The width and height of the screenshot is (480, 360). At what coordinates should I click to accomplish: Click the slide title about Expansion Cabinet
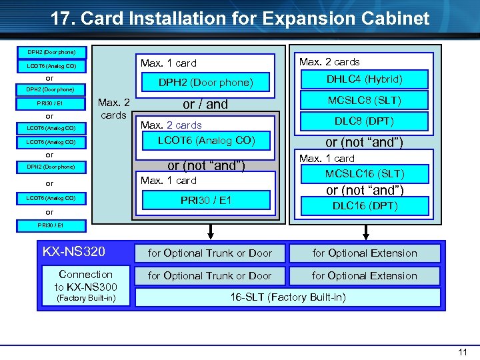(240, 18)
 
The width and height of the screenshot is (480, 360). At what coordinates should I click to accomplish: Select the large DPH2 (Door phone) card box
(205, 83)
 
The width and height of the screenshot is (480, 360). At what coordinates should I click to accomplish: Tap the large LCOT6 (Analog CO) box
(205, 140)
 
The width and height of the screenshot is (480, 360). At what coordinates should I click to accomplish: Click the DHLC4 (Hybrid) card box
(364, 79)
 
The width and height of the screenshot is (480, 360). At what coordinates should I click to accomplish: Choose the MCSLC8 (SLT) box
(364, 101)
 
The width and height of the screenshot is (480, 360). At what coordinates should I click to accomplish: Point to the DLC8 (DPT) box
(364, 121)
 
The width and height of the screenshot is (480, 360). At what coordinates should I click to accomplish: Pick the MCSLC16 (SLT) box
(365, 174)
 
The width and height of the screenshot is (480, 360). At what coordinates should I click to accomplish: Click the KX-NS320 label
(73, 252)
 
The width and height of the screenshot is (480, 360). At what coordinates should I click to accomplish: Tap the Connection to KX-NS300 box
(85, 280)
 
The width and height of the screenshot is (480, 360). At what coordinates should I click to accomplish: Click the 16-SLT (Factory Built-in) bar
(288, 297)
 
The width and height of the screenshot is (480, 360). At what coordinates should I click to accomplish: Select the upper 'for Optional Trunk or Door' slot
(209, 253)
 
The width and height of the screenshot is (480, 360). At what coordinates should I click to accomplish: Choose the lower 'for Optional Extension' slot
(365, 275)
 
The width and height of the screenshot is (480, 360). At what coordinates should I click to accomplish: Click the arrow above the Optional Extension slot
(365, 231)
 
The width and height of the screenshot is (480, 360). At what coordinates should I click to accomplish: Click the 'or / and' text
(205, 104)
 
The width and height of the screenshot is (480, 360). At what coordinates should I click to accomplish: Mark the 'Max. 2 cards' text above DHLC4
(329, 62)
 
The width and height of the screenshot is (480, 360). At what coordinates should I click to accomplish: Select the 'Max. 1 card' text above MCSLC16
(327, 159)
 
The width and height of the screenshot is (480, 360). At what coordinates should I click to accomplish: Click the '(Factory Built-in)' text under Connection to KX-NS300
(85, 298)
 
